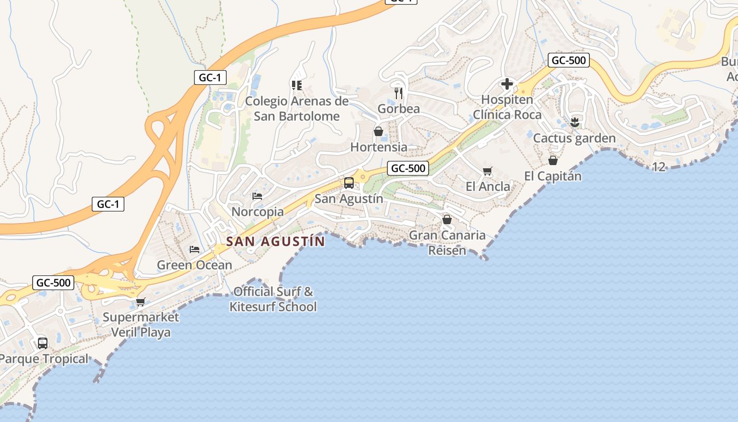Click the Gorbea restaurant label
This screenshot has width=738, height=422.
(x=399, y=109)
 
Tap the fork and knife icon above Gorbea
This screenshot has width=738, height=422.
(x=399, y=93)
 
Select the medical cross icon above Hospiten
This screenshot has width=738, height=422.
(x=507, y=84)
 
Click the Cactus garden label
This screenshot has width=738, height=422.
(x=574, y=138)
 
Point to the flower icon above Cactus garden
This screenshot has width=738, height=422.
(x=575, y=123)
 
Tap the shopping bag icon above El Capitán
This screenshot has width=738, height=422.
(x=553, y=160)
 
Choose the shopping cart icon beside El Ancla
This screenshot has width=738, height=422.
(x=488, y=171)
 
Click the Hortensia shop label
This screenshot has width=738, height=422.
(x=378, y=147)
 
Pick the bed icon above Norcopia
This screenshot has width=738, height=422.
(x=257, y=196)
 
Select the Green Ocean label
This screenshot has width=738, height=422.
(x=195, y=265)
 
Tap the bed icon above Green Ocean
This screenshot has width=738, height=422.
(x=195, y=249)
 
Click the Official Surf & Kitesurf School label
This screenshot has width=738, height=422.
(x=273, y=299)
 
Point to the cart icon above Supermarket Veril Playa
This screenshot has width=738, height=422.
(x=140, y=302)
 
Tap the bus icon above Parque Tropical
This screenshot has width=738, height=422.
(x=43, y=343)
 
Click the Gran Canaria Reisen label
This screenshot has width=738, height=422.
(x=447, y=243)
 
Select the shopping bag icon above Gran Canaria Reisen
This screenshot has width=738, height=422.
(x=447, y=219)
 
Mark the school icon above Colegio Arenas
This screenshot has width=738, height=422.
(x=296, y=85)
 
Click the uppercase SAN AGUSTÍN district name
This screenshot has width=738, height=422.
(x=275, y=242)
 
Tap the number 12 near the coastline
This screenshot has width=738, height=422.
(x=659, y=167)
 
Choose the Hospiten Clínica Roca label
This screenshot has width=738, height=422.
(x=507, y=107)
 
